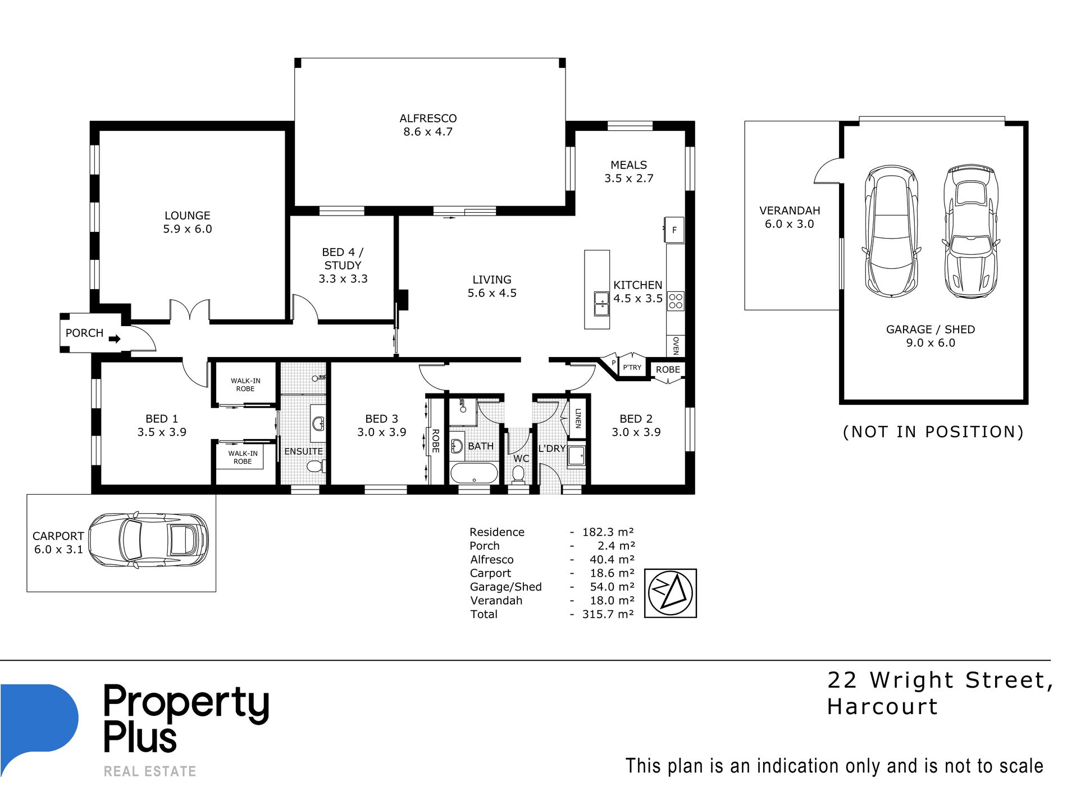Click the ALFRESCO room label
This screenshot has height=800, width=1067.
pyautogui.click(x=428, y=118)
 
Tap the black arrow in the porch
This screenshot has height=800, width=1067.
pyautogui.click(x=115, y=339)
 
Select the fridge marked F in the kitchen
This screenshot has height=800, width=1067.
pyautogui.click(x=674, y=230)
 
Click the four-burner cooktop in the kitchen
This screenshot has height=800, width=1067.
pyautogui.click(x=676, y=301)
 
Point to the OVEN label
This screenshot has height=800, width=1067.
pyautogui.click(x=676, y=345)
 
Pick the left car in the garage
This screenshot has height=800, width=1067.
pyautogui.click(x=892, y=231)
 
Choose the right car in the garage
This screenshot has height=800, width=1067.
pyautogui.click(x=971, y=231)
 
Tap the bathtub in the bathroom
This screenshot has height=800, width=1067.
pyautogui.click(x=474, y=473)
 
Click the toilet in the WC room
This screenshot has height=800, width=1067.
pyautogui.click(x=518, y=474)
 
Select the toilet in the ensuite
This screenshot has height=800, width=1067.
pyautogui.click(x=316, y=466)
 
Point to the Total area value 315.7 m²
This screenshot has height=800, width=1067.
pyautogui.click(x=608, y=614)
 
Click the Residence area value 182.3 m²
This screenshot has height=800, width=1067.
pyautogui.click(x=608, y=532)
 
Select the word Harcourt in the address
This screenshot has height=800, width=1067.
pyautogui.click(x=882, y=707)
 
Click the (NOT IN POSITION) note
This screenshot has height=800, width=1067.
pyautogui.click(x=933, y=432)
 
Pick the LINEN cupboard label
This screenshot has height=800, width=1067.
pyautogui.click(x=578, y=418)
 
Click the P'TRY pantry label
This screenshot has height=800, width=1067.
pyautogui.click(x=632, y=368)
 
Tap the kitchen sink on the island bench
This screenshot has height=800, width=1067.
pyautogui.click(x=601, y=304)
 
